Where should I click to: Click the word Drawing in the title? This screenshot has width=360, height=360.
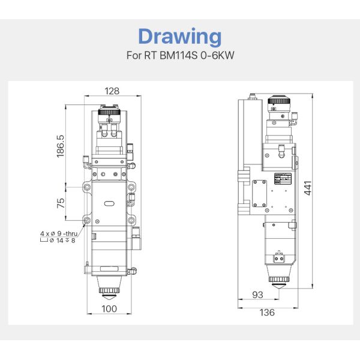click(x=179, y=37)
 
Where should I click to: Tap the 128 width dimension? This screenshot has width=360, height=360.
click(x=112, y=91)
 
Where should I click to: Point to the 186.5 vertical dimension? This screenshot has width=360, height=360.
click(x=60, y=144)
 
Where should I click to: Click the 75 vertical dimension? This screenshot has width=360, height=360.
click(x=60, y=203)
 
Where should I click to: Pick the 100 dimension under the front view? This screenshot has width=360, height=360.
click(x=109, y=308)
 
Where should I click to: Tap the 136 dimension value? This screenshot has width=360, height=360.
click(x=267, y=312)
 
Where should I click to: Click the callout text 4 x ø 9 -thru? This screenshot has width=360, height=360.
click(x=58, y=232)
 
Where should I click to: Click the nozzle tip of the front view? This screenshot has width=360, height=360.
click(x=109, y=295)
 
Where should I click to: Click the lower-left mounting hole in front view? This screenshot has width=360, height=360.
click(x=88, y=221)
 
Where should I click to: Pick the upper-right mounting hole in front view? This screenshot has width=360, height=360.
click(x=130, y=187)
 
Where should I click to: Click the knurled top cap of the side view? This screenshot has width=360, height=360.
click(x=277, y=101)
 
